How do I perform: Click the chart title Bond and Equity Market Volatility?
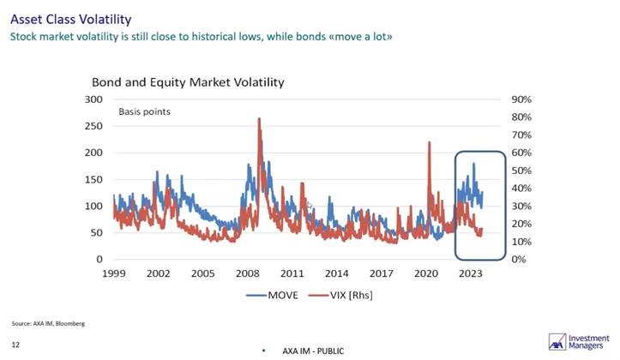click(188, 82)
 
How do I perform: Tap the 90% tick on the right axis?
click(523, 99)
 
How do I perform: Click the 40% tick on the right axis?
click(523, 189)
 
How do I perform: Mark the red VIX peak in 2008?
click(258, 120)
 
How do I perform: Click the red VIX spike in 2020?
click(427, 142)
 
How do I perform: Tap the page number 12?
click(15, 345)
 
